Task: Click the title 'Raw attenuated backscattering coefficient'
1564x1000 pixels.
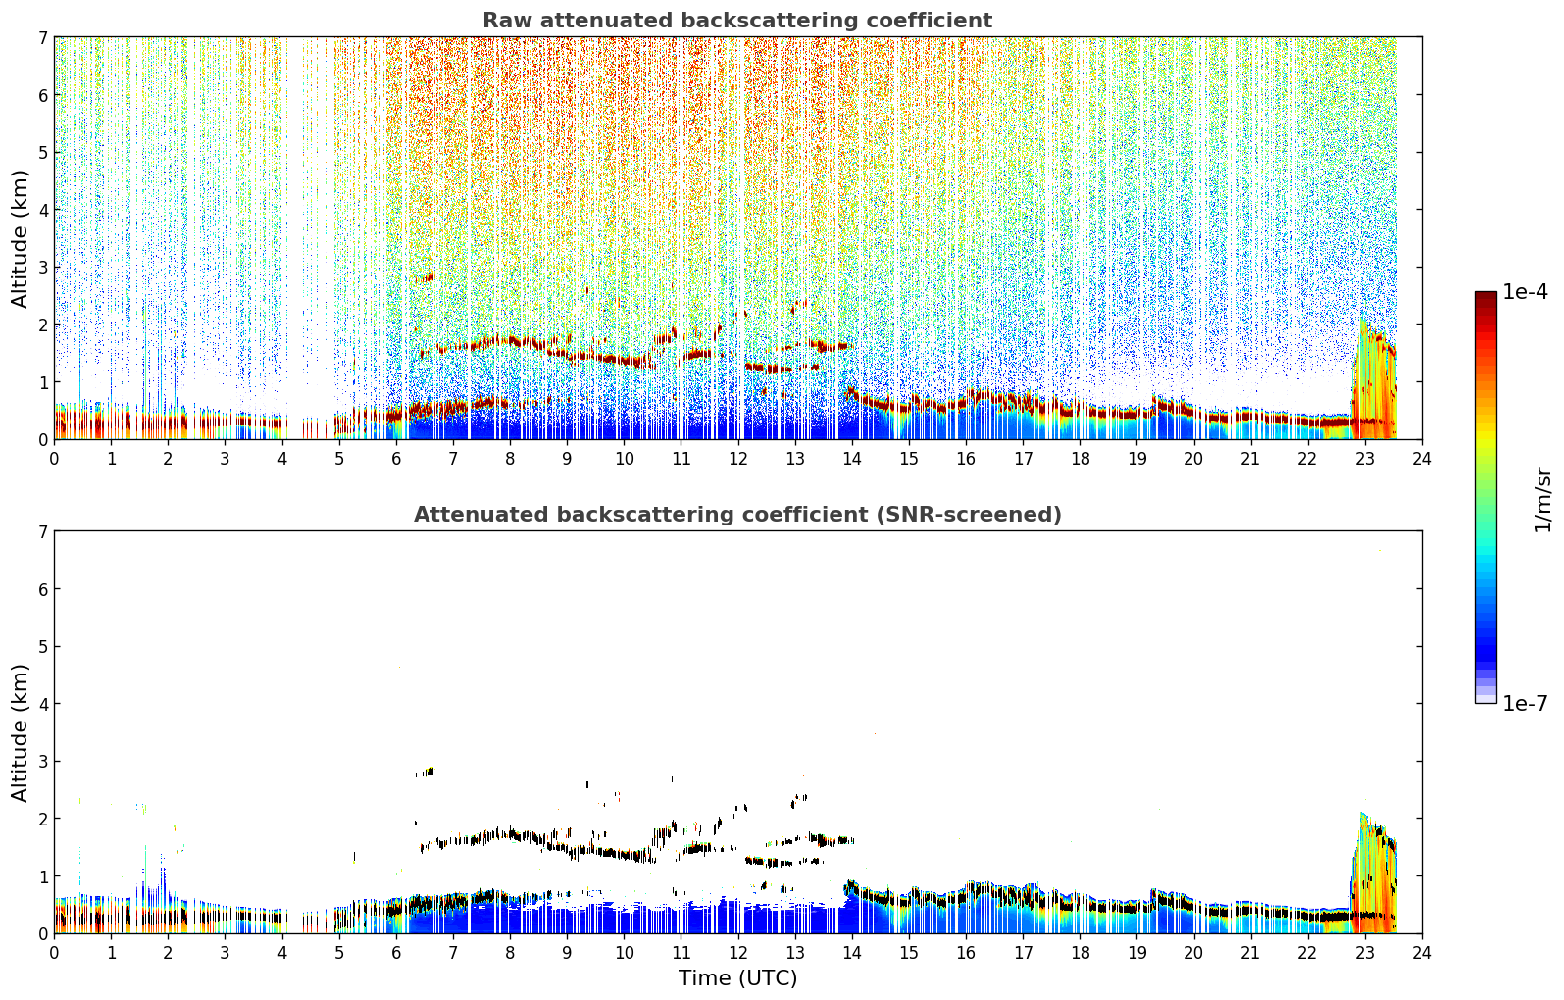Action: pyautogui.click(x=737, y=21)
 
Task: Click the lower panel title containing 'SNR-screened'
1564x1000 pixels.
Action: pyautogui.click(x=737, y=514)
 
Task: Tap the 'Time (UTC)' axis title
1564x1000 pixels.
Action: pyautogui.click(x=737, y=977)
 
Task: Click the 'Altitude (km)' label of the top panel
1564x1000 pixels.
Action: pyautogui.click(x=20, y=238)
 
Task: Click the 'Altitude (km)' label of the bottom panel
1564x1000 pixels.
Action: pyautogui.click(x=20, y=732)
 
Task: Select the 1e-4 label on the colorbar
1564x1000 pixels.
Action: pyautogui.click(x=1525, y=292)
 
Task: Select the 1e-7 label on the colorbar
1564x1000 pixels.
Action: pyautogui.click(x=1525, y=703)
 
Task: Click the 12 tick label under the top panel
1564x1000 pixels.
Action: pyautogui.click(x=738, y=459)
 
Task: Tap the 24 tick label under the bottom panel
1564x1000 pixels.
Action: pyautogui.click(x=1422, y=953)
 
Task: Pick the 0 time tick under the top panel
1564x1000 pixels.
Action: pyautogui.click(x=55, y=459)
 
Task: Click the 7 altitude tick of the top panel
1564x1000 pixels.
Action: pyautogui.click(x=42, y=37)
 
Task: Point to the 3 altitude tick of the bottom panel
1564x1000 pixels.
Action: pyautogui.click(x=42, y=761)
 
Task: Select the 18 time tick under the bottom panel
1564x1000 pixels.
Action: pyautogui.click(x=1081, y=953)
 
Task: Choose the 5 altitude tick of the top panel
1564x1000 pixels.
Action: pyautogui.click(x=42, y=152)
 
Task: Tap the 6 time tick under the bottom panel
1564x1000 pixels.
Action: pyautogui.click(x=396, y=953)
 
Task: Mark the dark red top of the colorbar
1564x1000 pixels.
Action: pyautogui.click(x=1486, y=296)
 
